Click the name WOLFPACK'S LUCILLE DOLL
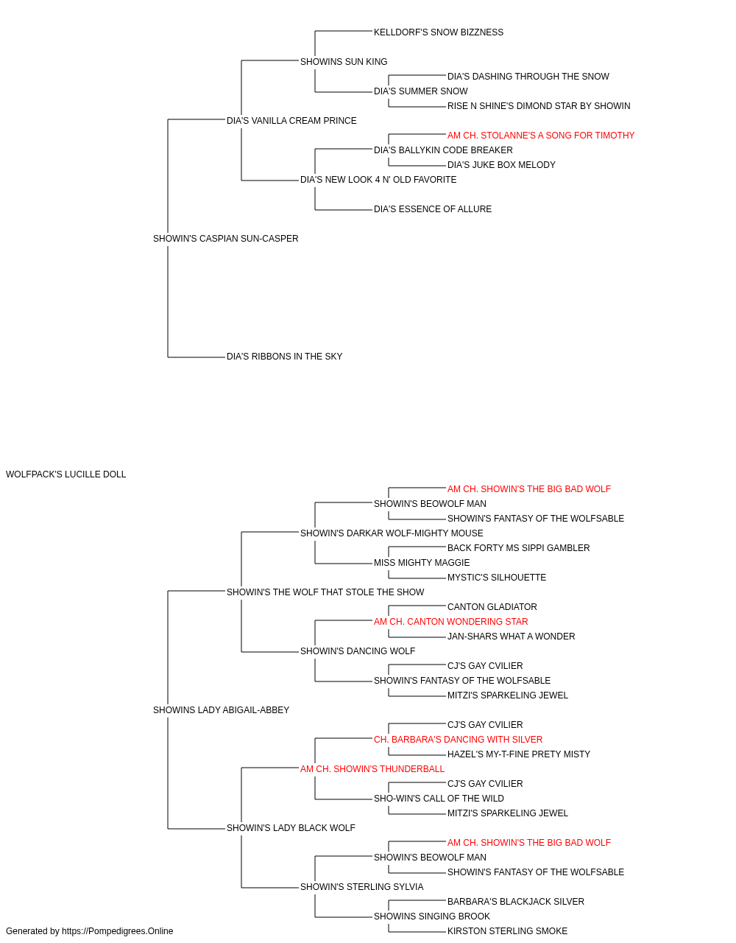pos(66,474)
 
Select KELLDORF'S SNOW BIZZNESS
pos(438,32)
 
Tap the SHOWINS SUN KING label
pos(344,62)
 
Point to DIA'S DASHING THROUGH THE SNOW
pos(528,77)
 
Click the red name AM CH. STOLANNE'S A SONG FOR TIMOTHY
pos(540,136)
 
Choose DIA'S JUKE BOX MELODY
pos(501,165)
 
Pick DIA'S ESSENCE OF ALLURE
pos(433,210)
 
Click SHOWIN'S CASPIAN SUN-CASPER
pos(225,239)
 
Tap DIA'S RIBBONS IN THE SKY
pos(284,357)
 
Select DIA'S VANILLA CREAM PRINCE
pos(291,121)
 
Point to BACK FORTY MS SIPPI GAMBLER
pos(518,548)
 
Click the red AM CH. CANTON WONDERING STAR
pos(450,622)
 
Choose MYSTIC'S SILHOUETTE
pos(496,578)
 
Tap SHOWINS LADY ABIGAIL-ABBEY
pos(221,710)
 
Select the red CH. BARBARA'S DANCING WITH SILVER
pos(458,740)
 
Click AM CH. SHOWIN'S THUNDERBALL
pos(372,769)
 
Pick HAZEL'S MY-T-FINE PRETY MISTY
pos(518,754)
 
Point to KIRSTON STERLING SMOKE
pos(507,931)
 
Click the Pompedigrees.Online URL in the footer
pos(117,931)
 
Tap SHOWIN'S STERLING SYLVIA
pos(361,887)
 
